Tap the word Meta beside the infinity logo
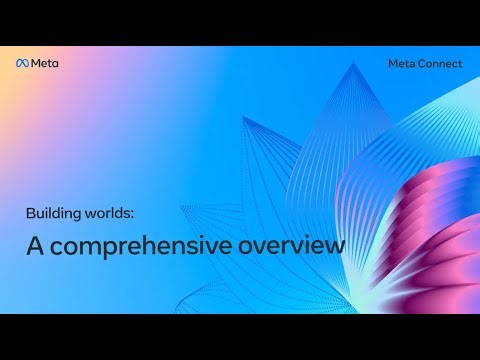point(45,63)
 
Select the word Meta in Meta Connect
point(403,63)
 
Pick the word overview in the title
point(290,244)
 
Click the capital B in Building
point(30,212)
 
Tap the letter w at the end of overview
point(334,245)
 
